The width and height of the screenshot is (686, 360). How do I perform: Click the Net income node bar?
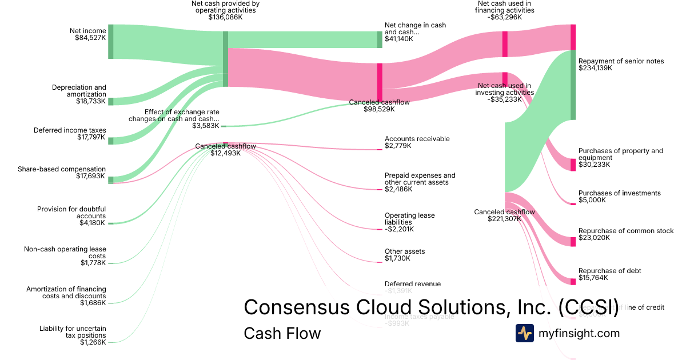point(111,42)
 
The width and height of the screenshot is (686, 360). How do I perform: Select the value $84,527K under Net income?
point(90,38)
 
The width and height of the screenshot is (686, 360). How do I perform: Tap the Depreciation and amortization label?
point(79,91)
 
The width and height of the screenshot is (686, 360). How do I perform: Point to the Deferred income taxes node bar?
point(111,141)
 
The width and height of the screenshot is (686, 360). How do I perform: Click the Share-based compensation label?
point(62,169)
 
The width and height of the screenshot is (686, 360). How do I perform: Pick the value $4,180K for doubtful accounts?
point(93,223)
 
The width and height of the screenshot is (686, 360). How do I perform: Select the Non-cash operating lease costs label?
point(65,253)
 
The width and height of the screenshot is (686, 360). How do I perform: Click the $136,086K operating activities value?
point(225,17)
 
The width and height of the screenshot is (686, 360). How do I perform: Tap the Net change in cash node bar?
point(380,39)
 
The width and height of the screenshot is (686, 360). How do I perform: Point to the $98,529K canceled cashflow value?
point(379,109)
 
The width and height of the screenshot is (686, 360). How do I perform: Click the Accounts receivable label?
point(417,139)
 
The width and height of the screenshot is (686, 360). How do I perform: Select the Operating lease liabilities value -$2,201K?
point(399,229)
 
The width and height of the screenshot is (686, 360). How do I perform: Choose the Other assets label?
point(405,251)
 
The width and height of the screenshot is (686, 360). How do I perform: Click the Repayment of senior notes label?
point(621,61)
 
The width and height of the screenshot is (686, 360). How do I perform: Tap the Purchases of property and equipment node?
point(573,165)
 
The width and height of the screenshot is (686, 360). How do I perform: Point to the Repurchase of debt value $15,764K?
point(593,278)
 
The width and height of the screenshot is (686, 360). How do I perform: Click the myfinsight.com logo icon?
point(525,333)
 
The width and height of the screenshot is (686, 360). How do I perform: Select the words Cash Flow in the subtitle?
point(282,333)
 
